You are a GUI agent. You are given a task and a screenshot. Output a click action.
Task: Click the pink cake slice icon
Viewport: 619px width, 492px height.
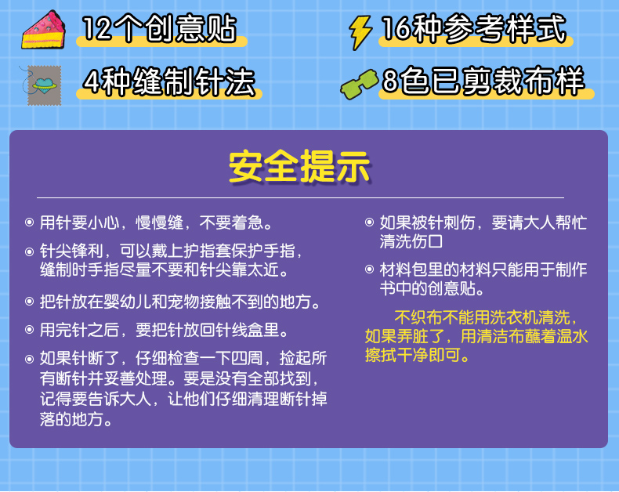[43, 31]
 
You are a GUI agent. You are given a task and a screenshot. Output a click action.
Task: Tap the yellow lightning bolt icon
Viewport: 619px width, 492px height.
[360, 32]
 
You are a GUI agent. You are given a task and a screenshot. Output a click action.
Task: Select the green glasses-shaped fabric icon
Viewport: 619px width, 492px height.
[359, 84]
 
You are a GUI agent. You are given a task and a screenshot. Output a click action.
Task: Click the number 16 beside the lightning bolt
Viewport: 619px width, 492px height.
[396, 28]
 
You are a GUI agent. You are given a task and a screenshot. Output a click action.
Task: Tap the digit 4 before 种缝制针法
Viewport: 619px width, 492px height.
[92, 81]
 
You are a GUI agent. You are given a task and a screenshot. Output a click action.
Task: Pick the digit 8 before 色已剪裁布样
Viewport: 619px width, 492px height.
[390, 81]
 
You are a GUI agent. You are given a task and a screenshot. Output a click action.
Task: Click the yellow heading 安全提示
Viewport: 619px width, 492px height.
[299, 167]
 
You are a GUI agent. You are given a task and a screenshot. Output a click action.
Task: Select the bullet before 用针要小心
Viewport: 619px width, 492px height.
[29, 222]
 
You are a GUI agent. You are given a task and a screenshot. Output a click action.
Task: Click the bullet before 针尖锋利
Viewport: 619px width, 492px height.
[29, 251]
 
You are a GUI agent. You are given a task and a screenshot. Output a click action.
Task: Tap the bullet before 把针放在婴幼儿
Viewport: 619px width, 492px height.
[29, 302]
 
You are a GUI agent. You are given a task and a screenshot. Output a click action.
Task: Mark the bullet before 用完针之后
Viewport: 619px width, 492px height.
[29, 330]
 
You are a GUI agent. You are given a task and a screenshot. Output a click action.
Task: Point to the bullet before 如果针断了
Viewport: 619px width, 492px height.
[29, 359]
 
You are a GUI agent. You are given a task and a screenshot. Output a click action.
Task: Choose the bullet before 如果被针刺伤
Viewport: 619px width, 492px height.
[369, 222]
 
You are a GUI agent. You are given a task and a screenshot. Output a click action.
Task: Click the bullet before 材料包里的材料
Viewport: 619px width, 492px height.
[369, 270]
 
